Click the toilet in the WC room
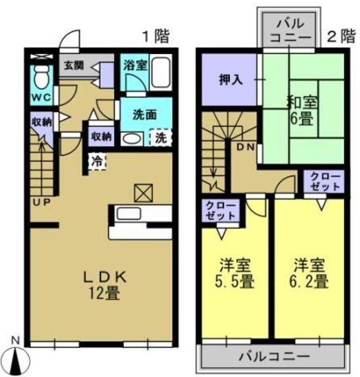click(42, 76)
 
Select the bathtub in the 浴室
click(161, 73)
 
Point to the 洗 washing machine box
click(161, 138)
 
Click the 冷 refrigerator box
click(97, 162)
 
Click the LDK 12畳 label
click(104, 285)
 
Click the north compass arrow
click(19, 359)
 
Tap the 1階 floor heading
click(156, 36)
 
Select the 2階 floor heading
click(341, 36)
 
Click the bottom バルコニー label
click(274, 356)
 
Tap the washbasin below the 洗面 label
click(130, 138)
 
